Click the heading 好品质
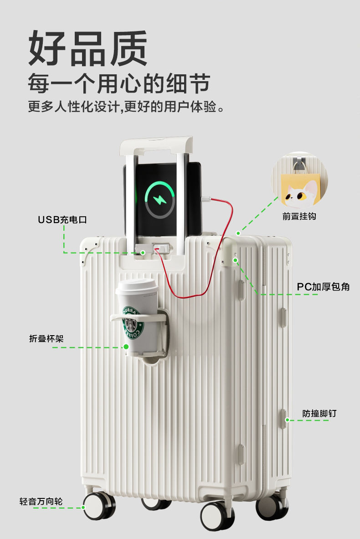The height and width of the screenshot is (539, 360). coord(87,49)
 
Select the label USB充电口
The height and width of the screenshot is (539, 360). coord(62,220)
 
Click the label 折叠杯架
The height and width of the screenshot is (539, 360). coord(46,338)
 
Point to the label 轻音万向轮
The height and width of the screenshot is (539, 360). coord(41,502)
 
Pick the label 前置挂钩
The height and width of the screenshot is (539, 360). coord(299,216)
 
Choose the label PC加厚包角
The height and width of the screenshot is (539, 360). coord(323,287)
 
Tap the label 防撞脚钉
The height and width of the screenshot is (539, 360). coord(319,414)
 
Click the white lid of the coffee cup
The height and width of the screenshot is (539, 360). coord(135,287)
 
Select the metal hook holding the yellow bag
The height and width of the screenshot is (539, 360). coord(299,165)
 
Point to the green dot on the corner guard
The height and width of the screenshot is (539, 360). coord(236,260)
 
